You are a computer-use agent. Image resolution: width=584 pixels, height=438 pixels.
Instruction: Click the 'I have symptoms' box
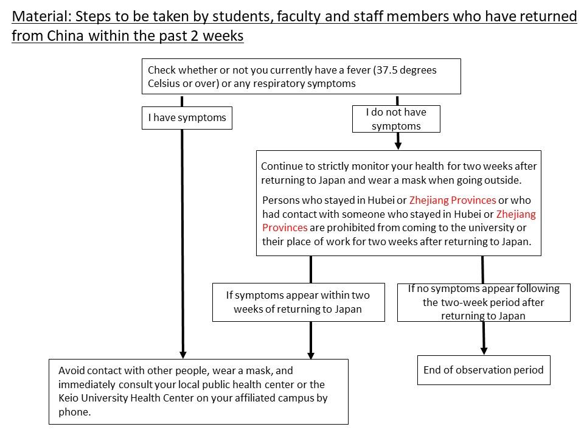click(187, 118)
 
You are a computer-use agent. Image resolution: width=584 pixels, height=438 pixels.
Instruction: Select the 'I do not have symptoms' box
click(395, 119)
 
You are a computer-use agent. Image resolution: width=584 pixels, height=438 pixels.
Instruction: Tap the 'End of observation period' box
click(484, 370)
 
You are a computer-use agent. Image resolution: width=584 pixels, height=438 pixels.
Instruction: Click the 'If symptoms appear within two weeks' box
click(298, 302)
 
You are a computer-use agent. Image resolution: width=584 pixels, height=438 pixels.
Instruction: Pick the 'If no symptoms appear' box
click(484, 302)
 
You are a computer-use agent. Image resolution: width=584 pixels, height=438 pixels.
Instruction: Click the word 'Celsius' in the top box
click(165, 83)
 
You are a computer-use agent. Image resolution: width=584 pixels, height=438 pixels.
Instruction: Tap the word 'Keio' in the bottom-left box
click(69, 398)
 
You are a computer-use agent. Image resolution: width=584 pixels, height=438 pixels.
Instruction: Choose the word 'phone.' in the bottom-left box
click(75, 412)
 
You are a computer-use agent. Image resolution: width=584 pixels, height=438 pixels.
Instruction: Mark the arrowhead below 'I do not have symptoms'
click(398, 145)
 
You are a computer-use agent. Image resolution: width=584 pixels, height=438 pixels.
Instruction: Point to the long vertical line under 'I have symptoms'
click(182, 243)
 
